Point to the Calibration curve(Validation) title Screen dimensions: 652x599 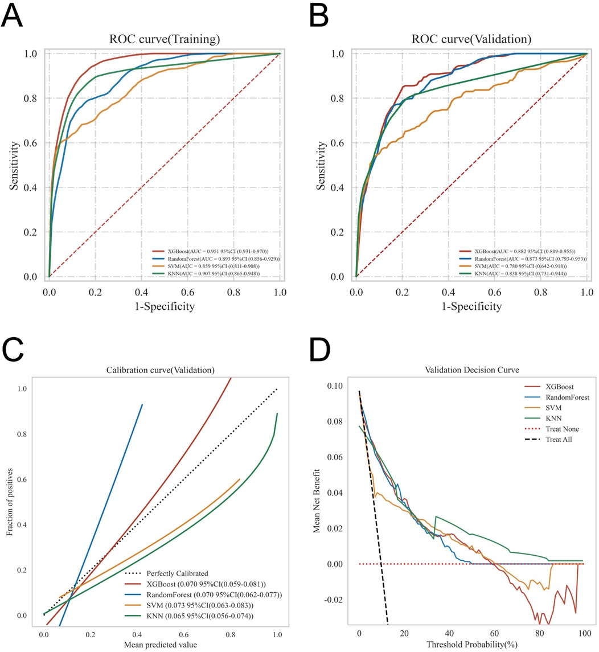point(161,370)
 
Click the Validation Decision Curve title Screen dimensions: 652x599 point(471,370)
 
